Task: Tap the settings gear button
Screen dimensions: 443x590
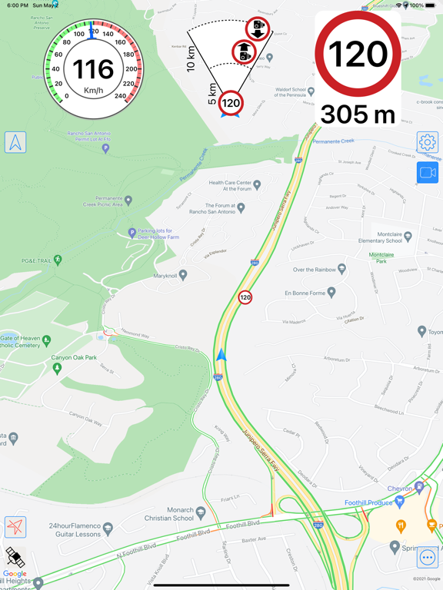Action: pyautogui.click(x=428, y=142)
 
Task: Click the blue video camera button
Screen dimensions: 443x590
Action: pyautogui.click(x=428, y=173)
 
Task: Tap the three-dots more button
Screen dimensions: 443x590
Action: pyautogui.click(x=428, y=558)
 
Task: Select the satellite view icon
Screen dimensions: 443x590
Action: pyautogui.click(x=15, y=557)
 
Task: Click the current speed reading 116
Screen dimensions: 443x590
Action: pyautogui.click(x=93, y=69)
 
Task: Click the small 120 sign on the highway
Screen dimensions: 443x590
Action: pyautogui.click(x=245, y=297)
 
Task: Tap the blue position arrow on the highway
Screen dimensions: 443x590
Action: pyautogui.click(x=222, y=355)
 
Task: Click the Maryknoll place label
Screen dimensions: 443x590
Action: pyautogui.click(x=165, y=275)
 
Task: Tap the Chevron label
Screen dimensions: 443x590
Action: pyautogui.click(x=399, y=489)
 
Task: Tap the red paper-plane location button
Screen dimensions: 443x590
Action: pyautogui.click(x=15, y=527)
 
